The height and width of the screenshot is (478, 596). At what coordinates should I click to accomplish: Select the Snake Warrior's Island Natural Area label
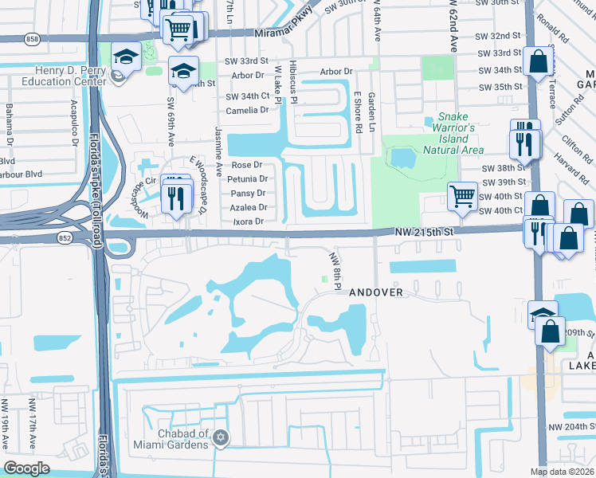click(453, 134)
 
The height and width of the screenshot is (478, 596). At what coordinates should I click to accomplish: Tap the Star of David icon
click(222, 437)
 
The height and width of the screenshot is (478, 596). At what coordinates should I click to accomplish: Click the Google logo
click(27, 468)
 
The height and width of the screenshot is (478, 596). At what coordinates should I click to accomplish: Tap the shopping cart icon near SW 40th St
click(462, 196)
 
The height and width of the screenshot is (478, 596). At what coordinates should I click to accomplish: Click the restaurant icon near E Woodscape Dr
click(177, 196)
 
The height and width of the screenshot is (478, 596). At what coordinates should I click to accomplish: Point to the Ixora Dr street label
click(247, 221)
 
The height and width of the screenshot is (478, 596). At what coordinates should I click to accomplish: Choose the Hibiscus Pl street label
click(293, 83)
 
